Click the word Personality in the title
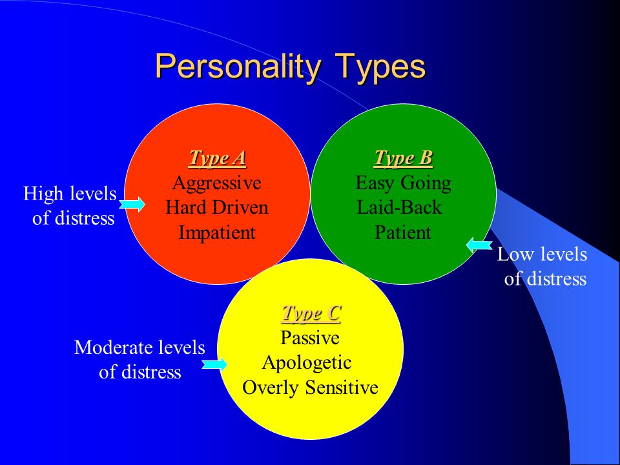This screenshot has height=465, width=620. pyautogui.click(x=238, y=67)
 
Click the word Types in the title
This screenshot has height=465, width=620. pyautogui.click(x=380, y=67)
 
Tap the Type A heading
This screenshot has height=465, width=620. pyautogui.click(x=218, y=158)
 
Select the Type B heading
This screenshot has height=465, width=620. pyautogui.click(x=403, y=158)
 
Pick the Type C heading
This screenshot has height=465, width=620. pyautogui.click(x=311, y=313)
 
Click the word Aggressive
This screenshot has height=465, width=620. pyautogui.click(x=217, y=183)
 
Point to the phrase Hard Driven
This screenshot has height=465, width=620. pyautogui.click(x=217, y=207)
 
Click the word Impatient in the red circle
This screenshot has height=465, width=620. pyautogui.click(x=217, y=232)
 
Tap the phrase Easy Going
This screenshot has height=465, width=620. pyautogui.click(x=403, y=183)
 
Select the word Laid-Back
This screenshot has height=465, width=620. pyautogui.click(x=399, y=207)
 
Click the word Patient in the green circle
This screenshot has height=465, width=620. pyautogui.click(x=402, y=232)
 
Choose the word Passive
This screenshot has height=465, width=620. pyautogui.click(x=310, y=338)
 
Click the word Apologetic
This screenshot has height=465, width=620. pyautogui.click(x=307, y=362)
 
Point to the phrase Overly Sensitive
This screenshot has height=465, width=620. pyautogui.click(x=311, y=387)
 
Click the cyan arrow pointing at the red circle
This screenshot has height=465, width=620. pyautogui.click(x=132, y=205)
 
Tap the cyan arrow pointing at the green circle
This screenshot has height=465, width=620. pyautogui.click(x=479, y=245)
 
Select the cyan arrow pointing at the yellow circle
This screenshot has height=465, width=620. pyautogui.click(x=214, y=364)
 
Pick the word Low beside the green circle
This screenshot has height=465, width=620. pyautogui.click(x=513, y=254)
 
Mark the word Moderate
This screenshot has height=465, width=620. pyautogui.click(x=114, y=347)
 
